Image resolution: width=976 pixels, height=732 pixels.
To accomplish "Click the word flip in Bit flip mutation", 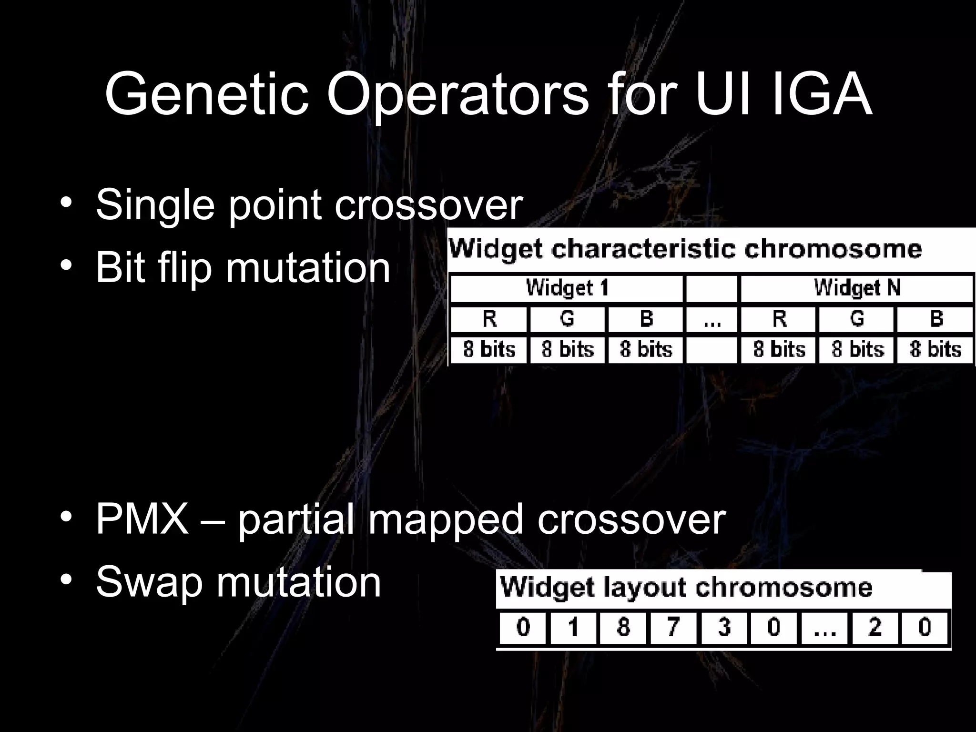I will pos(185,267).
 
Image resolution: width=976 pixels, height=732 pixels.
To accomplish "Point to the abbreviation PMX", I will pos(142,519).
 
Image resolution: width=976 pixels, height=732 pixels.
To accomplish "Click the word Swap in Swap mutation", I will pos(149,582).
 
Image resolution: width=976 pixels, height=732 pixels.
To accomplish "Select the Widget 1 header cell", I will pos(567,288).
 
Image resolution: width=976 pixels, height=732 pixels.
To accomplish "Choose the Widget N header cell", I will pos(856,288).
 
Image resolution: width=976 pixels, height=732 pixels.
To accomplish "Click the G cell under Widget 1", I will pos(567,318).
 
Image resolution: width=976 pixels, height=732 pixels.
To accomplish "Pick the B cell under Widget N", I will pos(935,318).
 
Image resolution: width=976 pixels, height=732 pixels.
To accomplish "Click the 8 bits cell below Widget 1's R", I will pos(489,349).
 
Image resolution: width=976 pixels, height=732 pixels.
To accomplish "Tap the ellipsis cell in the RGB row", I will pos(712,318).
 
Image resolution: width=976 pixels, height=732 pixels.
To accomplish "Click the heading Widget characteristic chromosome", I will pos(685,249).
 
